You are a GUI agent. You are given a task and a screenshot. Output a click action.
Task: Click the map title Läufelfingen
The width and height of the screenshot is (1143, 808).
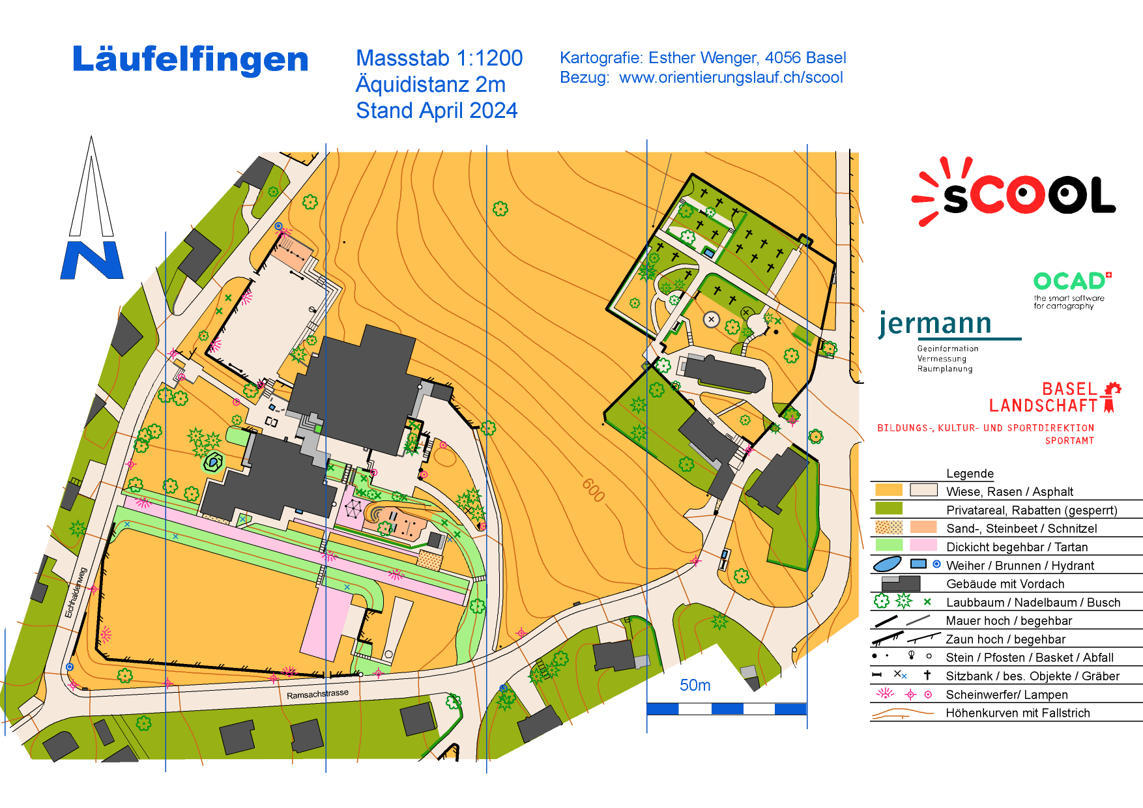click(x=190, y=59)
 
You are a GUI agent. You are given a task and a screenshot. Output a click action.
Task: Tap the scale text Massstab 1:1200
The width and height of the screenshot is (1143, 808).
click(x=439, y=58)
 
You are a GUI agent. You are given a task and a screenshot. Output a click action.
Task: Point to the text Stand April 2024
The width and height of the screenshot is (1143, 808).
click(x=436, y=111)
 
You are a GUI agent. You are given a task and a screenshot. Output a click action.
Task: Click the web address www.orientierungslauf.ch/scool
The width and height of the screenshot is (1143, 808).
click(x=731, y=78)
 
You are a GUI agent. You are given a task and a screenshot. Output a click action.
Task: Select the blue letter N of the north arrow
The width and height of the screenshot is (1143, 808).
click(x=92, y=260)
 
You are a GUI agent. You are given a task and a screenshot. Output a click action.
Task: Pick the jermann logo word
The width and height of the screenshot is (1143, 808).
click(x=935, y=323)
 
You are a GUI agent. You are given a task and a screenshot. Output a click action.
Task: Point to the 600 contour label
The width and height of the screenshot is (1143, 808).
click(x=594, y=489)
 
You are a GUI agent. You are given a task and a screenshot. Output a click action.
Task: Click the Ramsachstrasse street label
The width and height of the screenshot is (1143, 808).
click(x=317, y=694)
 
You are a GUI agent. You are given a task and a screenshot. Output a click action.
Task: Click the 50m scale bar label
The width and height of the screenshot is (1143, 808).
click(x=695, y=685)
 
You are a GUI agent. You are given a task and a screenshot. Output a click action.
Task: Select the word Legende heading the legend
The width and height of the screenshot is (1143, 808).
click(x=970, y=474)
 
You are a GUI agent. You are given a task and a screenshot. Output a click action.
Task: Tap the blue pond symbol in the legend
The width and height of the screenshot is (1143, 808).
click(x=887, y=564)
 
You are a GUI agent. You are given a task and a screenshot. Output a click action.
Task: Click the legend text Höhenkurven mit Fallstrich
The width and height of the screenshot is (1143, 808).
click(x=1018, y=713)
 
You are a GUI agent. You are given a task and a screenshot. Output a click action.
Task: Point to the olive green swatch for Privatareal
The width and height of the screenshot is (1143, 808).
click(x=888, y=508)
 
